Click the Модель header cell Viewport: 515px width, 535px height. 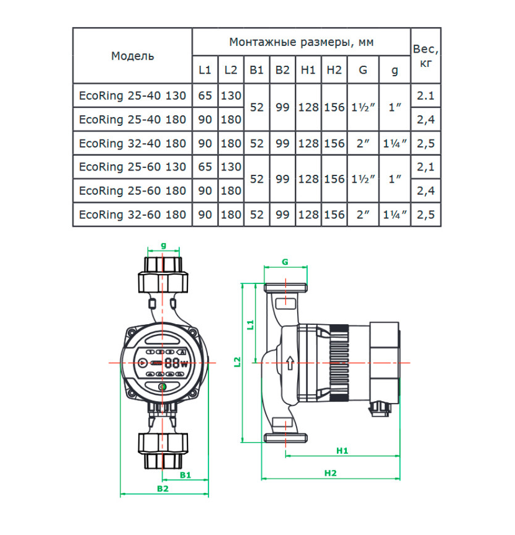pyautogui.click(x=133, y=56)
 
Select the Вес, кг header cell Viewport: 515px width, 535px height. pyautogui.click(x=426, y=56)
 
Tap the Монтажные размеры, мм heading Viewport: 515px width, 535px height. pyautogui.click(x=301, y=42)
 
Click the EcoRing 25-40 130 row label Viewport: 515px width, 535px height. pyautogui.click(x=133, y=95)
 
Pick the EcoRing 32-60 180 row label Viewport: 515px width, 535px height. pyautogui.click(x=133, y=214)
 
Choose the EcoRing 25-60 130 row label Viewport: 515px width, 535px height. pyautogui.click(x=133, y=167)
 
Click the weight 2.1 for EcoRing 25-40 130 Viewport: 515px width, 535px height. pyautogui.click(x=426, y=95)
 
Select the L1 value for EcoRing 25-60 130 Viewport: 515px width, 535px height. pyautogui.click(x=205, y=167)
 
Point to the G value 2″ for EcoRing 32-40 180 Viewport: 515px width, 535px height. pyautogui.click(x=363, y=143)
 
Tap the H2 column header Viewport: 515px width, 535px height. pyautogui.click(x=334, y=70)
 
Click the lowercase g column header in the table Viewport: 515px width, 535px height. pyautogui.click(x=395, y=71)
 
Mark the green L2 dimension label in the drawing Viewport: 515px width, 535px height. pyautogui.click(x=238, y=362)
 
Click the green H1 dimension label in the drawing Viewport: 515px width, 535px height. pyautogui.click(x=342, y=451)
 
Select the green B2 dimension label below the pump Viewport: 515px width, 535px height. pyautogui.click(x=163, y=489)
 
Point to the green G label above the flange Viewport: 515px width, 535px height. pyautogui.click(x=285, y=262)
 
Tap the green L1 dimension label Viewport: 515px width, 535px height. pyautogui.click(x=251, y=325)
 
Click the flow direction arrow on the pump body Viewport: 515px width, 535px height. pyautogui.click(x=290, y=363)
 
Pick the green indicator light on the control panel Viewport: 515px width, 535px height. pyautogui.click(x=163, y=387)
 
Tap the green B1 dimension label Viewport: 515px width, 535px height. pyautogui.click(x=186, y=475)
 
